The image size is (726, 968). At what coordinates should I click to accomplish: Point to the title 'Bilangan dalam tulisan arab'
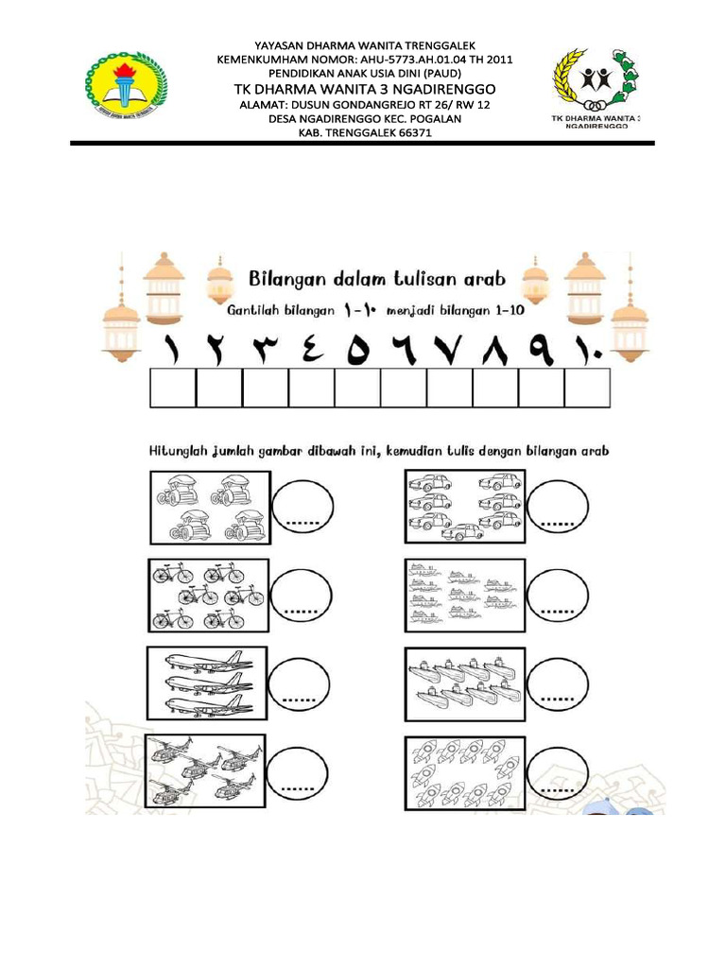[377, 279]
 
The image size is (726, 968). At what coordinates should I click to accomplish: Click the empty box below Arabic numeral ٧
[450, 389]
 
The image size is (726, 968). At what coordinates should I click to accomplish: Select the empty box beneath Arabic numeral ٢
[219, 389]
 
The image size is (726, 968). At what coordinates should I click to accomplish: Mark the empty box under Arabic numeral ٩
[542, 389]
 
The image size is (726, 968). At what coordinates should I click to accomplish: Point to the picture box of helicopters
[205, 769]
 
